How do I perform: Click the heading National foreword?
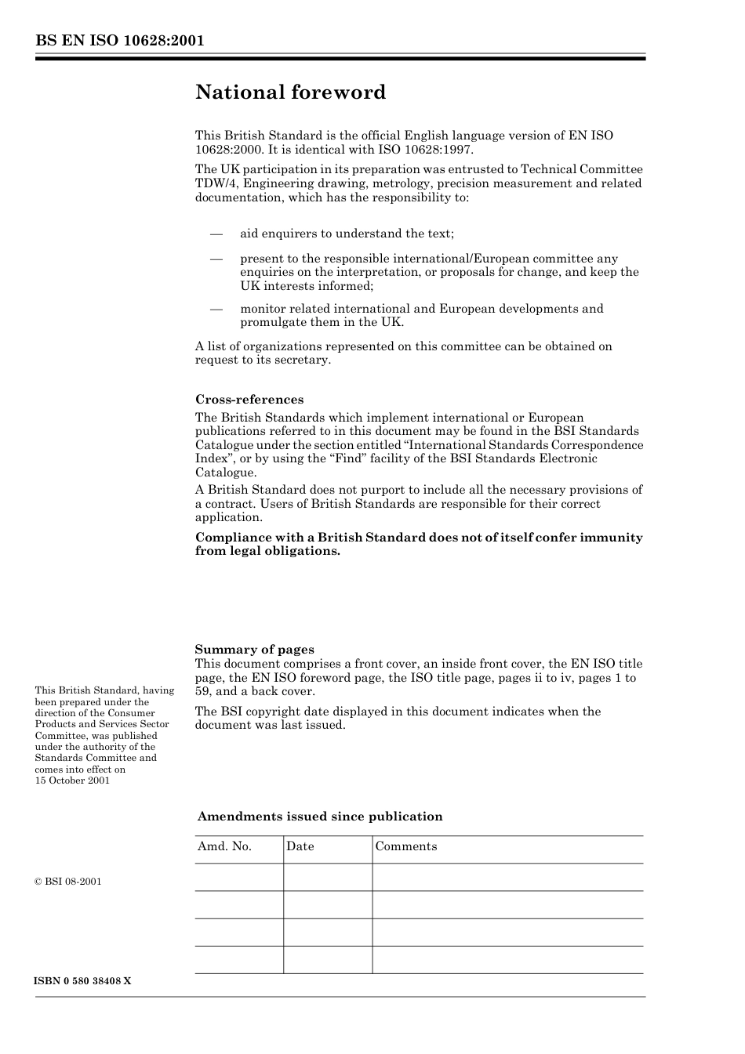[290, 92]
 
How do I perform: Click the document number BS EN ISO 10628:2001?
[119, 41]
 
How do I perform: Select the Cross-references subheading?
[249, 400]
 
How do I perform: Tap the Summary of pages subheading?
[254, 650]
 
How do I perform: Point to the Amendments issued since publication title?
[320, 817]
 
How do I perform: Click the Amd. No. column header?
[224, 846]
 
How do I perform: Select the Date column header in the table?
[300, 846]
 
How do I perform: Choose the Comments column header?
[406, 846]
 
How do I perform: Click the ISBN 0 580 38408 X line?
[83, 981]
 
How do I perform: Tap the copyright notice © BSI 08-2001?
[68, 882]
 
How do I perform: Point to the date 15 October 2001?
[72, 781]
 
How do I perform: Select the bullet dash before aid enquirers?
[216, 234]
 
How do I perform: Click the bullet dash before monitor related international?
[216, 309]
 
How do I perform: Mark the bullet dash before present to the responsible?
[216, 259]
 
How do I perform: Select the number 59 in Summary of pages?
[202, 691]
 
